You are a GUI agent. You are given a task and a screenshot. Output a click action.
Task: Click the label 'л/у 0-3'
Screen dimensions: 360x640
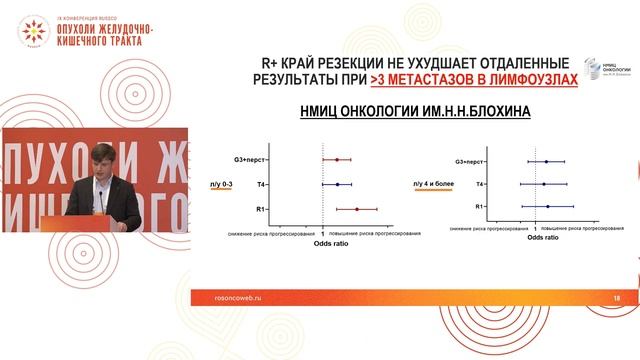click(222, 184)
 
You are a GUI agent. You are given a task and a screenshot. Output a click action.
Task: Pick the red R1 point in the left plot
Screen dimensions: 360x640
click(357, 209)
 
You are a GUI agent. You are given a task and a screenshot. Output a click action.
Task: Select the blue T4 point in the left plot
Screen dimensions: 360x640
click(338, 184)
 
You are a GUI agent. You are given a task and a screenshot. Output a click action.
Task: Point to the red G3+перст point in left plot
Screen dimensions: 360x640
click(337, 160)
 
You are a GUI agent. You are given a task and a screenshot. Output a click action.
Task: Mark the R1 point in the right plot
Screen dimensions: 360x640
click(548, 207)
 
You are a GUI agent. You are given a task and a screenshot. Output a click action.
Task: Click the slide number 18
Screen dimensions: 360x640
click(616, 297)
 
